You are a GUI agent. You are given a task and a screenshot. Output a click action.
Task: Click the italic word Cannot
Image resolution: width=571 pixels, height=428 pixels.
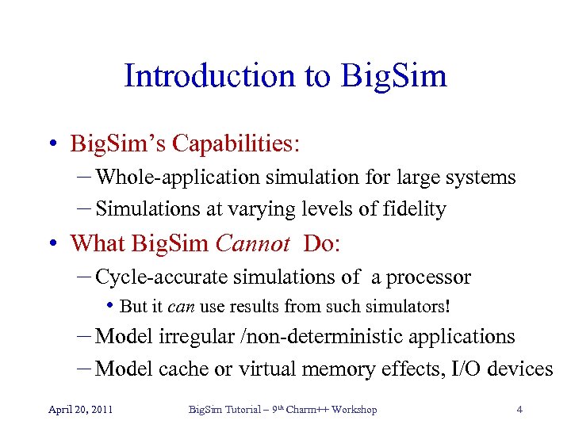coord(252,243)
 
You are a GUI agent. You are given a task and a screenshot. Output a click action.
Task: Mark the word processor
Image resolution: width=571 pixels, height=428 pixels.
coord(429,277)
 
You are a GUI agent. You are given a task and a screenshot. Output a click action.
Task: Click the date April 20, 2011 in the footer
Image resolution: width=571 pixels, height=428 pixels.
coord(80,410)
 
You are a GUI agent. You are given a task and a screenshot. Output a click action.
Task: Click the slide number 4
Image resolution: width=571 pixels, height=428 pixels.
coord(519,410)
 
